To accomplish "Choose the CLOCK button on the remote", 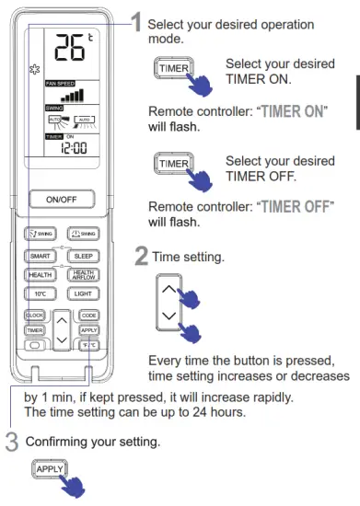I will (34, 315).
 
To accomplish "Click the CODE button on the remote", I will (88, 315).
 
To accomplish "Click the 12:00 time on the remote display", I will (63, 150).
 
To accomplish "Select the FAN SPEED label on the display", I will (61, 84).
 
